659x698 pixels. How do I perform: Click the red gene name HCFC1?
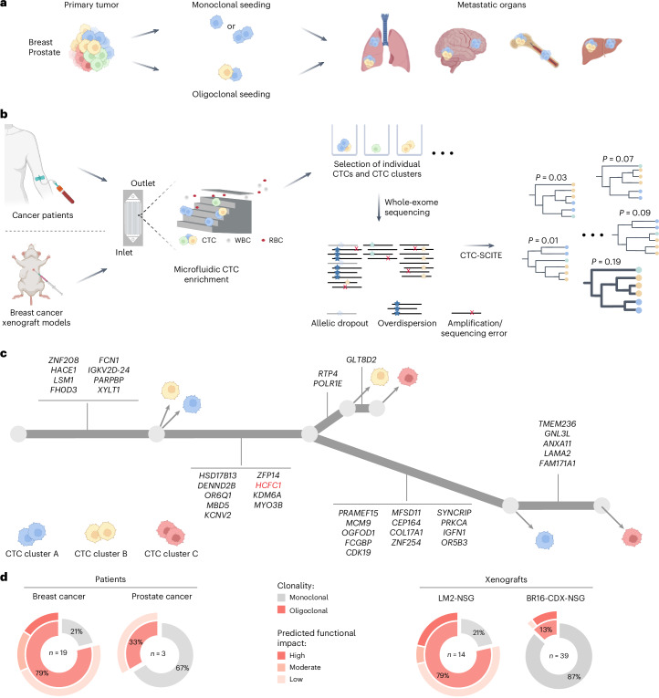click(268, 485)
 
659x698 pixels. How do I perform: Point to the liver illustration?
click(601, 49)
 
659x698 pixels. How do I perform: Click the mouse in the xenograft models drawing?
click(35, 272)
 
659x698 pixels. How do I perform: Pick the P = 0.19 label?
click(606, 262)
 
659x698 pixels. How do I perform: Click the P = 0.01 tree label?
click(543, 240)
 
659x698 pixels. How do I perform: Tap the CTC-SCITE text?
click(481, 255)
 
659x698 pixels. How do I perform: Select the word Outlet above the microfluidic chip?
click(143, 183)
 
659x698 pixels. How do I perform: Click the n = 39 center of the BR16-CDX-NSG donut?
click(559, 656)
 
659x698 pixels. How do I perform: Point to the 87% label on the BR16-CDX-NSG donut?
click(574, 677)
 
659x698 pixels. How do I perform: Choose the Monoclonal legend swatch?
click(281, 598)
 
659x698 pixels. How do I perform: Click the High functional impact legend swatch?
click(281, 655)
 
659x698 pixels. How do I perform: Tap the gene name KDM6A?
click(267, 495)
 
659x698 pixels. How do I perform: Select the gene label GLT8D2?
click(361, 359)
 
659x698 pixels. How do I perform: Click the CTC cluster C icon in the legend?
click(171, 533)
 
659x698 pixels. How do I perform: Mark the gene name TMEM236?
click(557, 423)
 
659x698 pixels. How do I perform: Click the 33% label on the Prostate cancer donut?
click(136, 642)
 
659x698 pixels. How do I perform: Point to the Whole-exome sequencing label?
click(411, 207)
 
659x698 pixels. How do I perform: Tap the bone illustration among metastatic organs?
click(534, 50)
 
